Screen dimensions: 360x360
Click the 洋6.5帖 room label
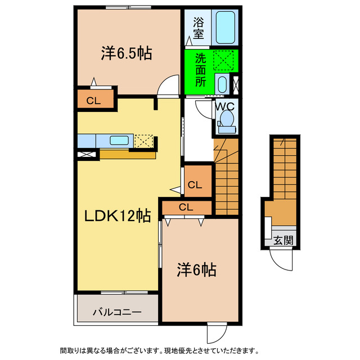(x=127, y=53)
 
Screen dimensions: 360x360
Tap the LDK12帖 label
(x=117, y=215)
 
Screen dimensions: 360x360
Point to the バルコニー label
(x=117, y=312)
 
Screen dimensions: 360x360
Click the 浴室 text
(x=199, y=28)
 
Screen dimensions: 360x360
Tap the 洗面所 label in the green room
(x=200, y=70)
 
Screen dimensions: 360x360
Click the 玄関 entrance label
(x=283, y=241)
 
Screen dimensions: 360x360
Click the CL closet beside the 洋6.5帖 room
(x=94, y=101)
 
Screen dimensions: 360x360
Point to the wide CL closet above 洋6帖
(x=186, y=207)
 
